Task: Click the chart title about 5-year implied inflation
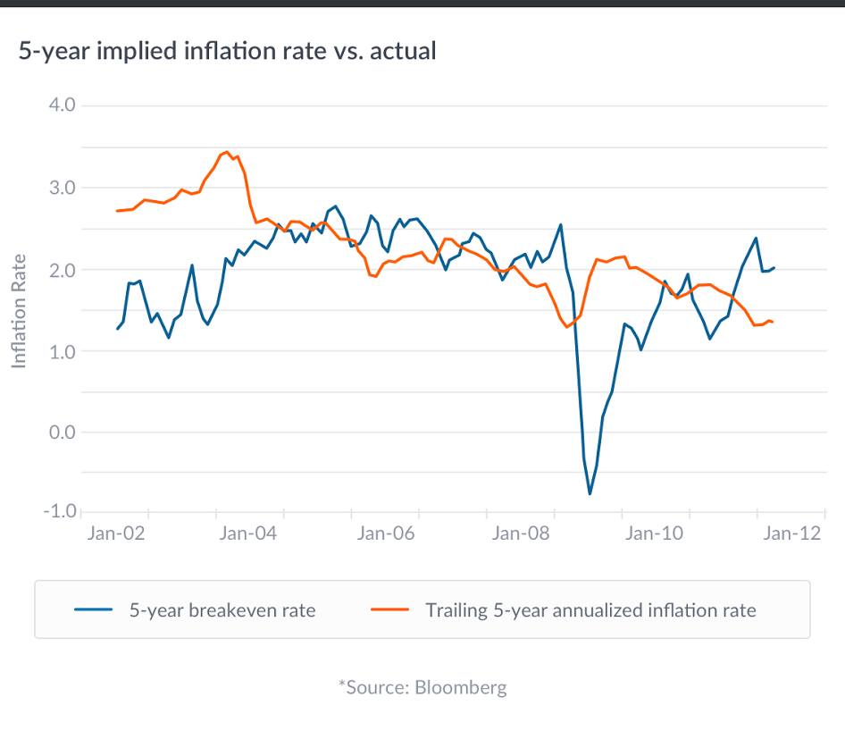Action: [227, 51]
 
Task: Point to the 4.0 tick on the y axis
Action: [60, 105]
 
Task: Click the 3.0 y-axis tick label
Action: [60, 188]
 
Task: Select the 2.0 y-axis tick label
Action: [60, 269]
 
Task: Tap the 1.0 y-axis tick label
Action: [60, 351]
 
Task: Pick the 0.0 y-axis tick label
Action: [60, 433]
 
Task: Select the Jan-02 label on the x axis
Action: [116, 534]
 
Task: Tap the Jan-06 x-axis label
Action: [386, 534]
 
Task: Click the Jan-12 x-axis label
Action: [792, 534]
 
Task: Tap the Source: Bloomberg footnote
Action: [422, 687]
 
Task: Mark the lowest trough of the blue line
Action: [590, 493]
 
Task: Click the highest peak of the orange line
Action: [227, 152]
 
